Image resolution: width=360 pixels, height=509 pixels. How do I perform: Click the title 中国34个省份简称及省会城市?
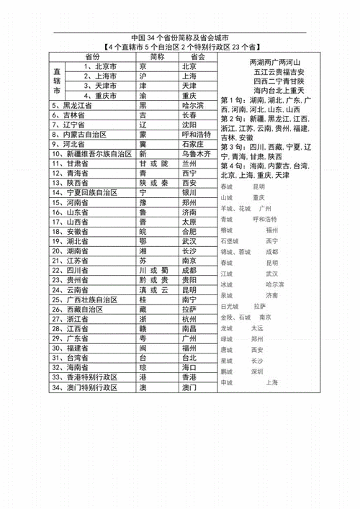pos(180,37)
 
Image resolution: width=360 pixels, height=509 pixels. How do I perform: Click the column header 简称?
pos(158,56)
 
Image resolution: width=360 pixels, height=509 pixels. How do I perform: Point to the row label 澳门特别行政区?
pos(90,387)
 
